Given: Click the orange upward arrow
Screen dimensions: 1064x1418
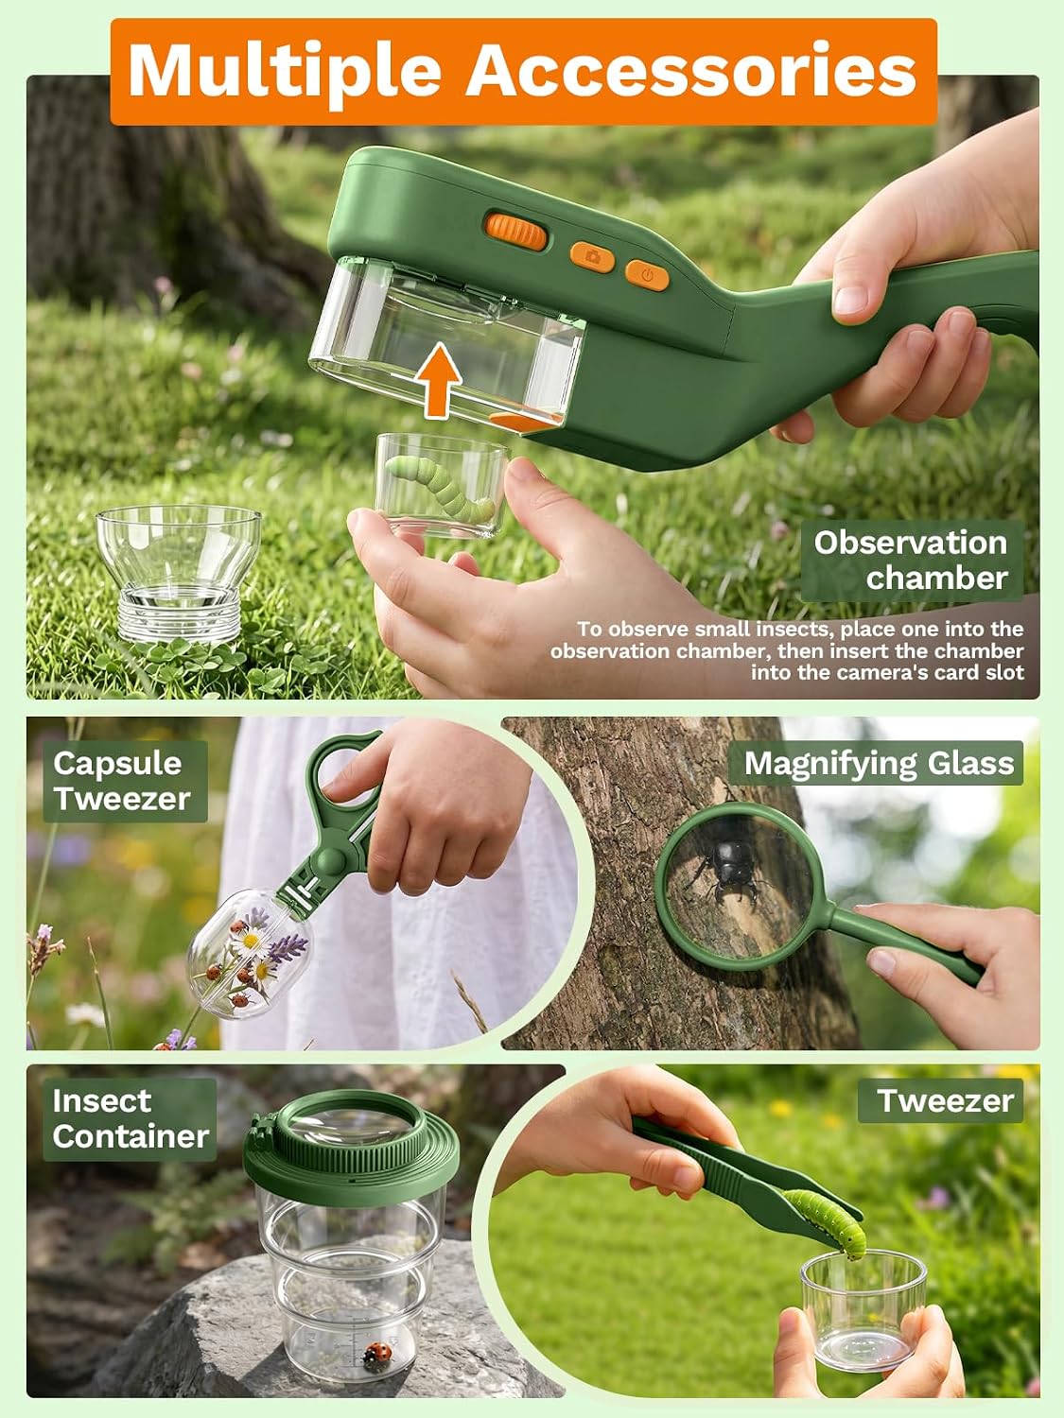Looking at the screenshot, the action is pyautogui.click(x=438, y=380).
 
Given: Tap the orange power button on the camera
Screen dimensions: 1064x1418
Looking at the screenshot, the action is pyautogui.click(x=647, y=275).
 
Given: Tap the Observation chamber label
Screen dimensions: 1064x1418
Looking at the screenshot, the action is pyautogui.click(x=912, y=560).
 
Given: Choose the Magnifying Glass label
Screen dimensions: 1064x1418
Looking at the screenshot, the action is pyautogui.click(x=879, y=763).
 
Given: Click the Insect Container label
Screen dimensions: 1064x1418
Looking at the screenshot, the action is pyautogui.click(x=130, y=1119).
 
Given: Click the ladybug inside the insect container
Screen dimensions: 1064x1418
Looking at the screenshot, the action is pyautogui.click(x=378, y=1352).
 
